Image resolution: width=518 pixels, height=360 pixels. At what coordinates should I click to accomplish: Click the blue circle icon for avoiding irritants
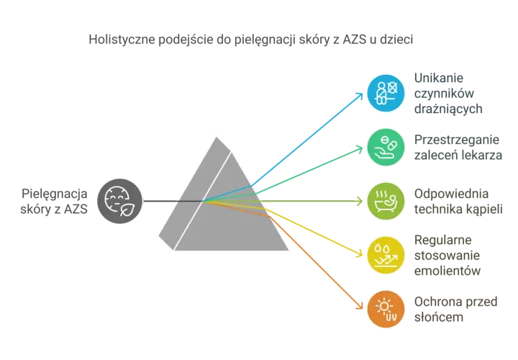(386, 93)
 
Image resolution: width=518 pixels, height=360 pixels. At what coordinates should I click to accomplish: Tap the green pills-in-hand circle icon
(386, 147)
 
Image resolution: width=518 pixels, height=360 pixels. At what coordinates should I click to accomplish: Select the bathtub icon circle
(386, 201)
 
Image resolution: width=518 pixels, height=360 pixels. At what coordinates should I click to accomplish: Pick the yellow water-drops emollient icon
(386, 255)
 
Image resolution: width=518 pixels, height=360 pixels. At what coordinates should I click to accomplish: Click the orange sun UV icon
(386, 309)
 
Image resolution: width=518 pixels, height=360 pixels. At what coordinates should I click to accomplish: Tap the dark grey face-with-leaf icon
(119, 201)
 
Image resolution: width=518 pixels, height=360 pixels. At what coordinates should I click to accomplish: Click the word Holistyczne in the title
(122, 40)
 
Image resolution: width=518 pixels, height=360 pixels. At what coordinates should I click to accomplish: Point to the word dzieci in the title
(396, 40)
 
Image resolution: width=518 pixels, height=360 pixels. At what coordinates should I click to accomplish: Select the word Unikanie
(439, 78)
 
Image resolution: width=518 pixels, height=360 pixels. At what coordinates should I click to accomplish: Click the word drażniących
(448, 109)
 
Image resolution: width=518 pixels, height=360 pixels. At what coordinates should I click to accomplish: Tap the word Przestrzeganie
(457, 140)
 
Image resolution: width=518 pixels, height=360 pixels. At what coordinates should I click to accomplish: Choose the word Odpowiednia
(451, 194)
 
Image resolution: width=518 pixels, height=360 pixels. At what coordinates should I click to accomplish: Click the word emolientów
(447, 271)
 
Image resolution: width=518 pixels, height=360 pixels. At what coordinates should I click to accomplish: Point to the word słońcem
(439, 317)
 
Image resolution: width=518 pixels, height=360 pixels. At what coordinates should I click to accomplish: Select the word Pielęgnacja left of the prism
(55, 194)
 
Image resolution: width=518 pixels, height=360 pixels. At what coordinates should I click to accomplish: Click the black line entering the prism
(173, 201)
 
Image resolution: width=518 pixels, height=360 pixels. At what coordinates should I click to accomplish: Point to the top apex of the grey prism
(217, 137)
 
